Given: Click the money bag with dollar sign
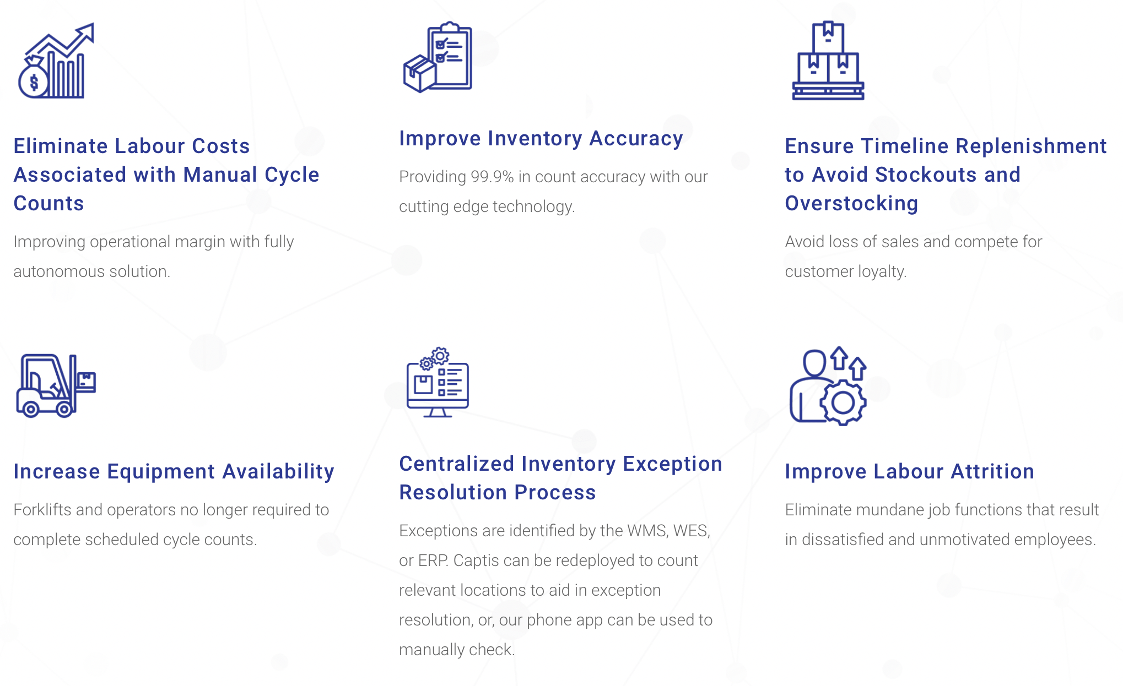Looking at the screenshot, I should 34,81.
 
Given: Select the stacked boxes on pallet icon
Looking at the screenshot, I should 828,61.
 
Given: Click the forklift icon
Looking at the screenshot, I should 55,385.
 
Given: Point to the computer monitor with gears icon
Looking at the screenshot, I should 438,383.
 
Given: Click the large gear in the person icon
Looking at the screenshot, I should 843,402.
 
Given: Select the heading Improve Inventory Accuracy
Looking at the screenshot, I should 541,139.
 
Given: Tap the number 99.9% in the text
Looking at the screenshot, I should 492,177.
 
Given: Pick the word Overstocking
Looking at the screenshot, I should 851,204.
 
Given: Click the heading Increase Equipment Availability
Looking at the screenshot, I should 174,472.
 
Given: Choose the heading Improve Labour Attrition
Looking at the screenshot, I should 909,472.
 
